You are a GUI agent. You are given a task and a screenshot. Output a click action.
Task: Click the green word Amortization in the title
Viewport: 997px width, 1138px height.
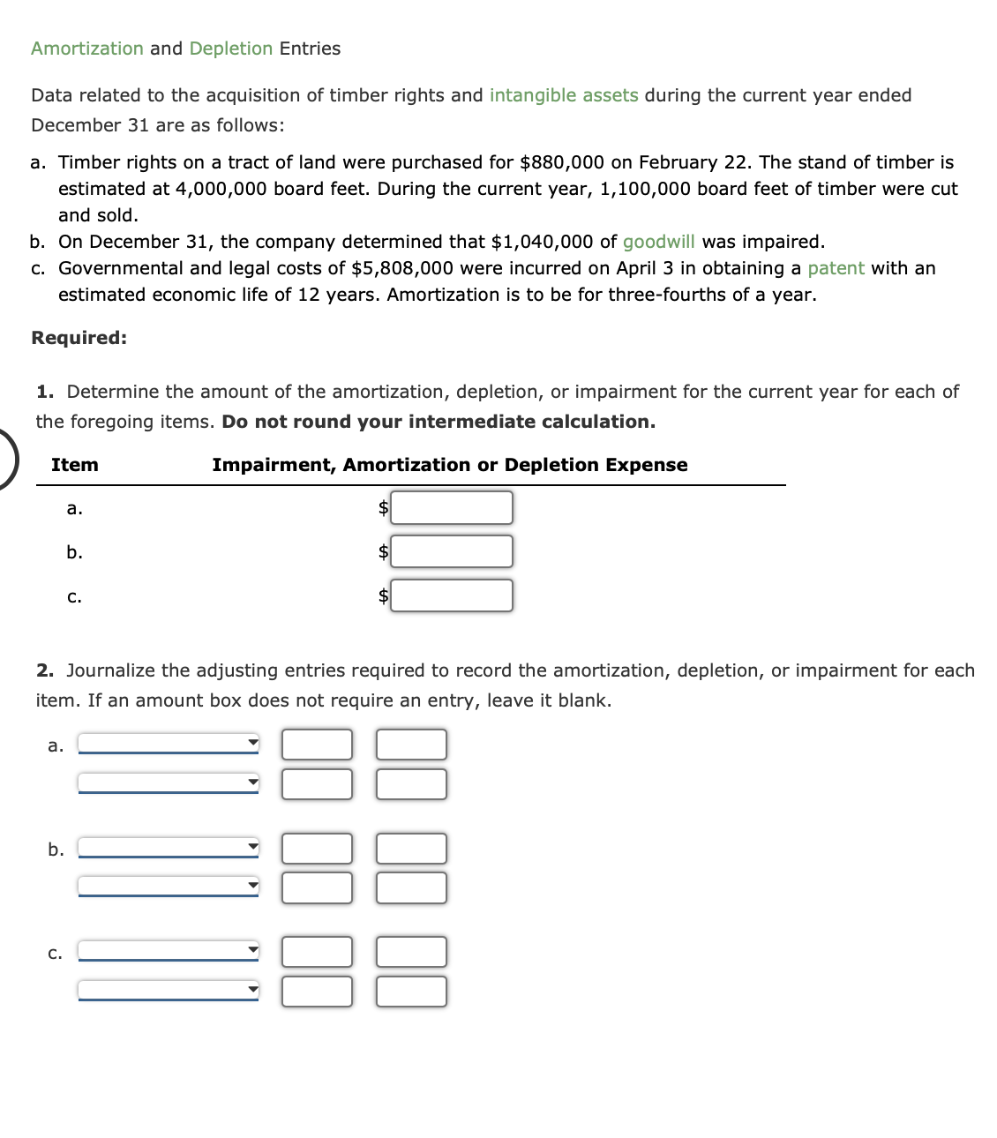pos(86,49)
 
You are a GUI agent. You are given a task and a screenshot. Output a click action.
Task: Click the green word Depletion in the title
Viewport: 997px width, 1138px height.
pos(231,49)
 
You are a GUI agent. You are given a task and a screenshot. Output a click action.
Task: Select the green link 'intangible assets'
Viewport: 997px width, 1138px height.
pos(564,95)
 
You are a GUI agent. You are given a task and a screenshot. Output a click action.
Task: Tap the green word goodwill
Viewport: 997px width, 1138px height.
pos(658,242)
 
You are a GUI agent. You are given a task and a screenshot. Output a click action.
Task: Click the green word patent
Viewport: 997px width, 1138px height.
pos(836,268)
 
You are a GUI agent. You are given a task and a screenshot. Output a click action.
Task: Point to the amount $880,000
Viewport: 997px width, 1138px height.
pos(562,162)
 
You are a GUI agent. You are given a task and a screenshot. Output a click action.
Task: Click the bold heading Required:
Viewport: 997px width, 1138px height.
pos(79,338)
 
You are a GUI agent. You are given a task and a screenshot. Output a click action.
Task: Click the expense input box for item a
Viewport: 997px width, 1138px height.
pos(452,507)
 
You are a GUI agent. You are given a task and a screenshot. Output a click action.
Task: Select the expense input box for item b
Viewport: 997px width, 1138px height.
pos(452,551)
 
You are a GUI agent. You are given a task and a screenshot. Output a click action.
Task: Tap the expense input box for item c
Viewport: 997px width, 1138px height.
pos(452,595)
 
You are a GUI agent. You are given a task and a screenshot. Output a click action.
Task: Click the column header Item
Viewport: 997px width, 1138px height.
pos(75,465)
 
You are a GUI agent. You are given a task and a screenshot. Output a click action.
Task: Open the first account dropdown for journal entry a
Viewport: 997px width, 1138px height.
pos(169,744)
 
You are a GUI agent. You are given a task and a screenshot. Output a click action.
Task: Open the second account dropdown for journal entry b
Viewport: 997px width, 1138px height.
pos(169,886)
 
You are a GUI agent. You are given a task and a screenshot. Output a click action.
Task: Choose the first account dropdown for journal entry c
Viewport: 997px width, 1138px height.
pos(169,951)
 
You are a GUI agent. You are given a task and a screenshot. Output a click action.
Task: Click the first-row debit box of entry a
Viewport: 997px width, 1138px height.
pos(317,745)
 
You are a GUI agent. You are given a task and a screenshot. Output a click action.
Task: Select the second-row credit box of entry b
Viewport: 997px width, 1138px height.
pos(411,887)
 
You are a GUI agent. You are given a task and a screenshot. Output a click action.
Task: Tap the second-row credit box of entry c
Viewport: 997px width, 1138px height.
pos(411,992)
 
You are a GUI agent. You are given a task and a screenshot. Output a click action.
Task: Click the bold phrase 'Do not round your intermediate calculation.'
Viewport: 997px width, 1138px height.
pos(439,422)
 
